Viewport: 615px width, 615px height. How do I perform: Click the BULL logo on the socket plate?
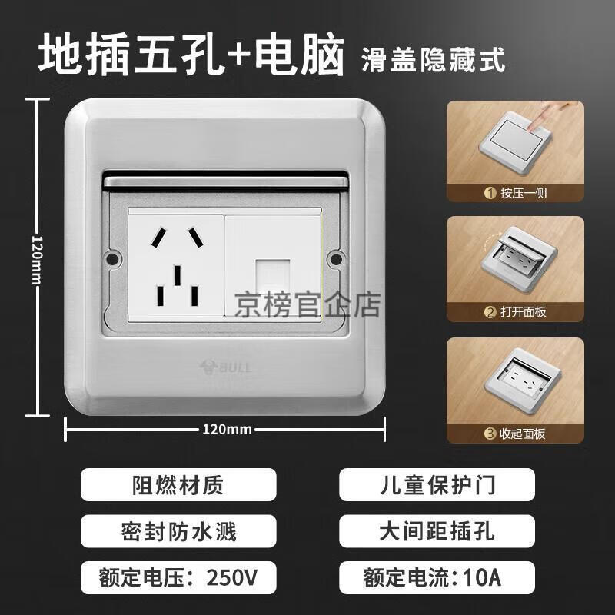[x=225, y=367]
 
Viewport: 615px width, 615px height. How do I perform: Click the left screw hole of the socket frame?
[x=112, y=258]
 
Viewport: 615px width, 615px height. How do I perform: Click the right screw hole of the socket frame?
[x=336, y=258]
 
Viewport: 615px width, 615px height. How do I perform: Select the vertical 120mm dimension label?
[x=37, y=260]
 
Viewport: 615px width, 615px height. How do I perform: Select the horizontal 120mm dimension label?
[x=227, y=430]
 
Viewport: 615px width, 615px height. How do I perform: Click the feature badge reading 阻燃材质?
[x=178, y=484]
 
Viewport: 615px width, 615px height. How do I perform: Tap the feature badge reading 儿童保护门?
[x=437, y=484]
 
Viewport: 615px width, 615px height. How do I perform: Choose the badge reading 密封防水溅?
[x=178, y=531]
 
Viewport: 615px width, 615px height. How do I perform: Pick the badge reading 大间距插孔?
[x=437, y=531]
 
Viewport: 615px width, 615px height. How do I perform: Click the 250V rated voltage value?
[x=232, y=577]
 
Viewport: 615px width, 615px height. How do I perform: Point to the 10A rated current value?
[x=483, y=577]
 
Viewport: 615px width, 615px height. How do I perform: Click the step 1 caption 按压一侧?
[x=524, y=193]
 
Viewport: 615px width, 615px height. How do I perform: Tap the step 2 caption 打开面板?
[x=524, y=312]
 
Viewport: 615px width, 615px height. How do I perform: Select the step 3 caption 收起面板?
[x=523, y=434]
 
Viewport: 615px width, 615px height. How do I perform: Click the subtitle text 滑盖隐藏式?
[x=433, y=60]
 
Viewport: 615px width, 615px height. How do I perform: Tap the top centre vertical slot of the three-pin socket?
[x=178, y=275]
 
